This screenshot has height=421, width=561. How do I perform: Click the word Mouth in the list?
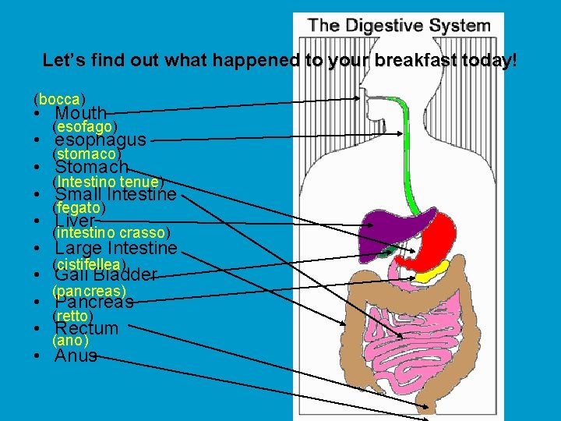click(x=80, y=114)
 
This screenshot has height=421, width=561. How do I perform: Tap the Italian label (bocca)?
click(x=59, y=99)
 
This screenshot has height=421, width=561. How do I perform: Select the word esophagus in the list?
click(x=101, y=140)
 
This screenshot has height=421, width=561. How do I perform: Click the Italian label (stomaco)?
click(x=86, y=154)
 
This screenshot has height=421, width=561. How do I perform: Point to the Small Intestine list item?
click(x=115, y=194)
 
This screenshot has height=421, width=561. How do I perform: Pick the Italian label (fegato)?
click(x=78, y=208)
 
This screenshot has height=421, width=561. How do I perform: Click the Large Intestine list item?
click(x=116, y=248)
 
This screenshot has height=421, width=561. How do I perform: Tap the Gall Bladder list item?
click(x=106, y=274)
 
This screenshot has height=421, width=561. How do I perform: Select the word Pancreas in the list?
click(x=94, y=302)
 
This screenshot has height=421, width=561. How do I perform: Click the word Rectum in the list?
click(x=86, y=328)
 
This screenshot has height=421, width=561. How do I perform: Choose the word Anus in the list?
click(x=76, y=356)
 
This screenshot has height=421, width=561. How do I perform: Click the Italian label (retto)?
click(x=72, y=316)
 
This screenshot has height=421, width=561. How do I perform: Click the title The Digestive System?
click(x=399, y=25)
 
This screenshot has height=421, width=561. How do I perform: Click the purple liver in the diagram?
click(x=381, y=227)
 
